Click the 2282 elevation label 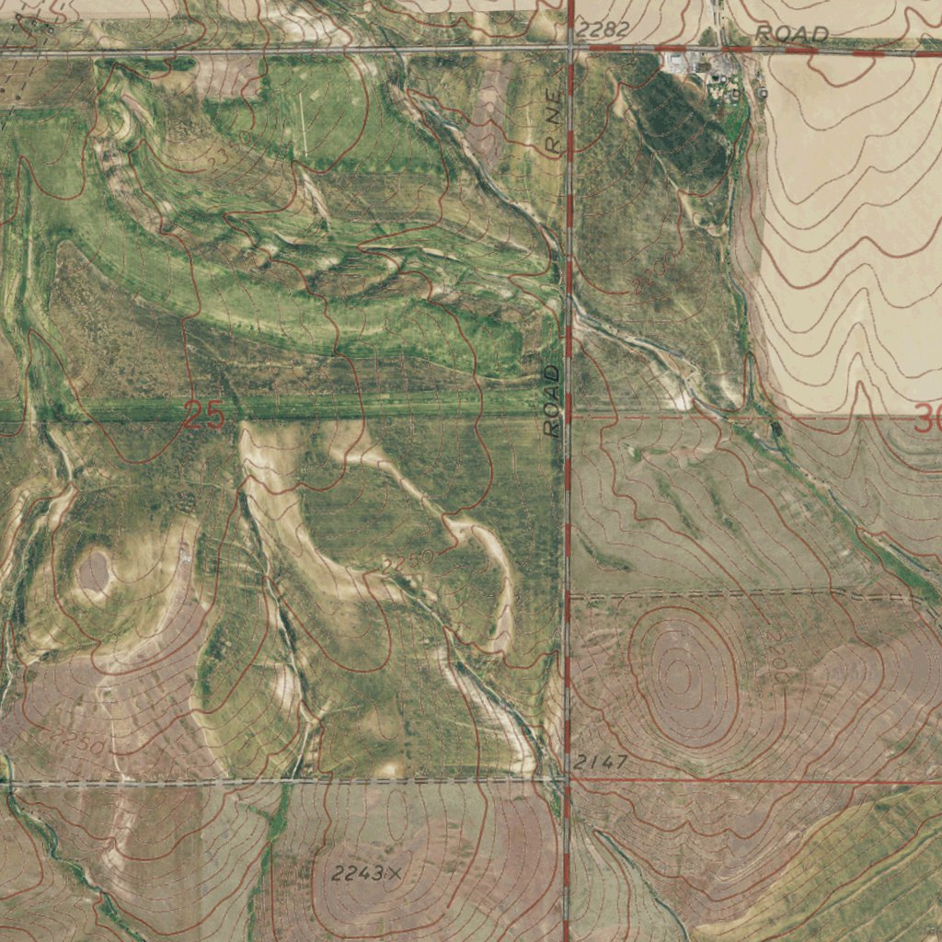[x=605, y=30]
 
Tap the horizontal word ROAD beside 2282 [x=791, y=34]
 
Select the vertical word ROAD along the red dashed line [x=552, y=400]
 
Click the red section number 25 [x=204, y=416]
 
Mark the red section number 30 [x=927, y=421]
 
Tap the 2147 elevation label [x=601, y=762]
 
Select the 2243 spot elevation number [x=357, y=874]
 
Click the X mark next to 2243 [x=395, y=873]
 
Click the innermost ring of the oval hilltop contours [x=680, y=676]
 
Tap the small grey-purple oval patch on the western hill [x=94, y=571]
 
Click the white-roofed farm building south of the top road [x=680, y=63]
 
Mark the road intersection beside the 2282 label [x=570, y=46]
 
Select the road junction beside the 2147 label [x=567, y=779]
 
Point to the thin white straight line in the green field [x=303, y=125]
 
